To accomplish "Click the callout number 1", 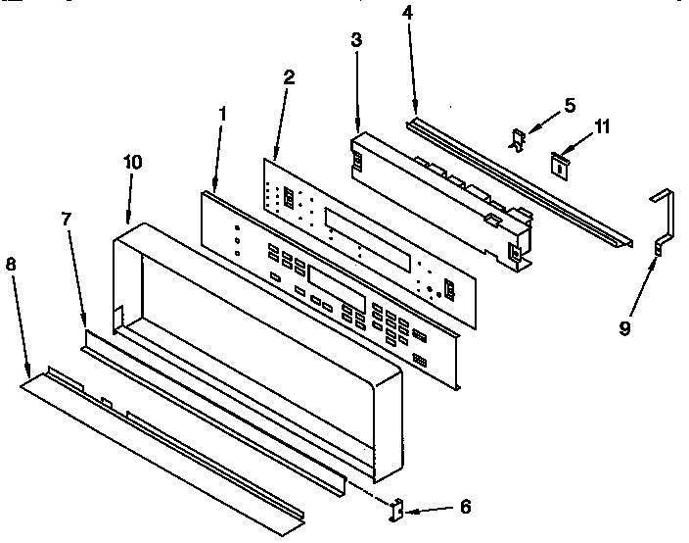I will [223, 114].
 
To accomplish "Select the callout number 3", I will [356, 40].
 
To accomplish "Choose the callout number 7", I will [67, 220].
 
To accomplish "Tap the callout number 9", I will [624, 330].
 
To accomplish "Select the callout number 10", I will [131, 162].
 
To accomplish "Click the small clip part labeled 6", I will [397, 509].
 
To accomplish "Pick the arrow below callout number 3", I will [357, 92].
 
